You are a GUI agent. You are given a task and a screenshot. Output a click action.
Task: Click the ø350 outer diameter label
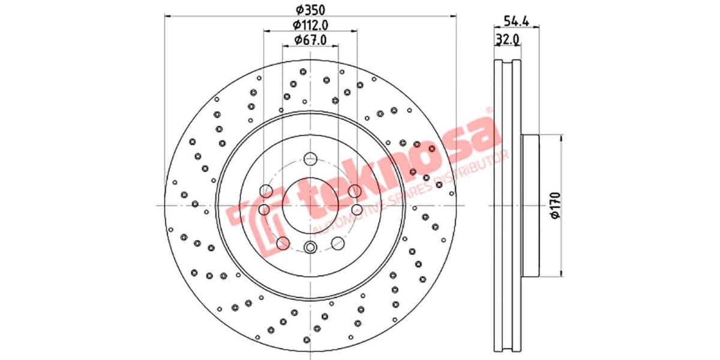click(x=310, y=10)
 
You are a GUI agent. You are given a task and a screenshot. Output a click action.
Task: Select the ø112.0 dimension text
click(x=310, y=25)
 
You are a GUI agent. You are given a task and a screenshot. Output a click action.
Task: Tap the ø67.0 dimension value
click(x=310, y=40)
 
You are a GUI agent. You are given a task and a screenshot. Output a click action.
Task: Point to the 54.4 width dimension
click(x=515, y=22)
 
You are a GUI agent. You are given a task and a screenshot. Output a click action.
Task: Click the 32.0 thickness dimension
click(x=507, y=40)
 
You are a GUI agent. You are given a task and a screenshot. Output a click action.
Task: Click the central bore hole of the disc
click(x=310, y=206)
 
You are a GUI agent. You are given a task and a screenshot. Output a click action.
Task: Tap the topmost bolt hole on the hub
click(x=310, y=159)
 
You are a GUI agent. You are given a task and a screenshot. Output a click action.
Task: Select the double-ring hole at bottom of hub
click(x=310, y=247)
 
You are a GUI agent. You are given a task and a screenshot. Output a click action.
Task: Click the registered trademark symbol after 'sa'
click(x=489, y=112)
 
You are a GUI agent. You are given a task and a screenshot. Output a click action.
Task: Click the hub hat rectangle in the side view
click(x=531, y=205)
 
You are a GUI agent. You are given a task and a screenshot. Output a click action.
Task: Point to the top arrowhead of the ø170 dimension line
click(x=562, y=137)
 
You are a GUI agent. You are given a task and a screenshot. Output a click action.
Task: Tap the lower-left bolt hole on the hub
click(x=283, y=243)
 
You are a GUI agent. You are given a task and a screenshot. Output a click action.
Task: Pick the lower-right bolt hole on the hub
click(x=337, y=243)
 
